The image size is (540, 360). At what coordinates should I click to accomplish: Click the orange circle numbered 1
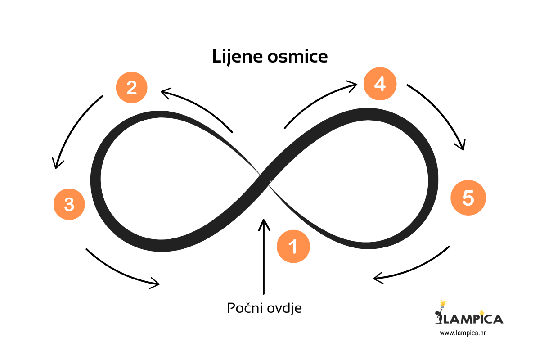(293, 246)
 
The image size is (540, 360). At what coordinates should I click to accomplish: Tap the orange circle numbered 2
(131, 87)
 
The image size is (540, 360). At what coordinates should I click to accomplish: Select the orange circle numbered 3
(69, 204)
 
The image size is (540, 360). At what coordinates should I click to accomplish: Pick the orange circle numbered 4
(380, 84)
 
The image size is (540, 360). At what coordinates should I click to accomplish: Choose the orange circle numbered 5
(468, 198)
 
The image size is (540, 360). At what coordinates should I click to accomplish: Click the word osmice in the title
(299, 58)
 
